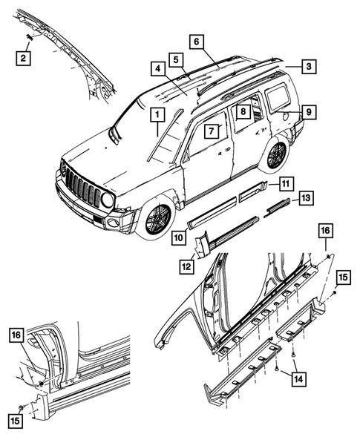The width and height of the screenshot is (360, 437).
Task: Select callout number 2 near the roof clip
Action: pos(24,58)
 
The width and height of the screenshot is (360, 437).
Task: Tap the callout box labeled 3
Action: pos(310,65)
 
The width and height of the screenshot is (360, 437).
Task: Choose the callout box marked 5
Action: pos(175,59)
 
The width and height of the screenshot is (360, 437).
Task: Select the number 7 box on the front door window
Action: pos(211,131)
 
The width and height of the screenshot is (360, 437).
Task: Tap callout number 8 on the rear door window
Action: pos(242,111)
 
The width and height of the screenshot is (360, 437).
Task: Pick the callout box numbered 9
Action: pos(309,113)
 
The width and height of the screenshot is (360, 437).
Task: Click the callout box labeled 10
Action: pos(179,237)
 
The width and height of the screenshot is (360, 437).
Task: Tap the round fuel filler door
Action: pos(286,116)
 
